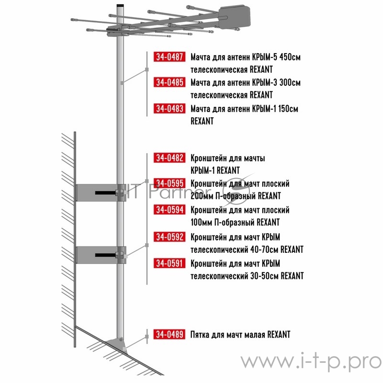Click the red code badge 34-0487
tap(169, 56)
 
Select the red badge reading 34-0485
tap(169, 82)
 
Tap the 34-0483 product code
tap(169, 109)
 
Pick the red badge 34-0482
tap(169, 158)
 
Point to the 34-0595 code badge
tap(169, 183)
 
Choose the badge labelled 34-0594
tap(169, 210)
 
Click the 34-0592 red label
tap(169, 237)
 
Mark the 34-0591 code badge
tap(169, 263)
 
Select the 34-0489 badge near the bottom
tap(169, 334)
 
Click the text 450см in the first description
tap(290, 57)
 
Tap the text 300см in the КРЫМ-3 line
tap(290, 82)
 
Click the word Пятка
tap(200, 334)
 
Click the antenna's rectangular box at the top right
tap(235, 17)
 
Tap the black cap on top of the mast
tap(120, 5)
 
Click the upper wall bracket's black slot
tap(105, 193)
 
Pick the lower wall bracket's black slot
tap(105, 255)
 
